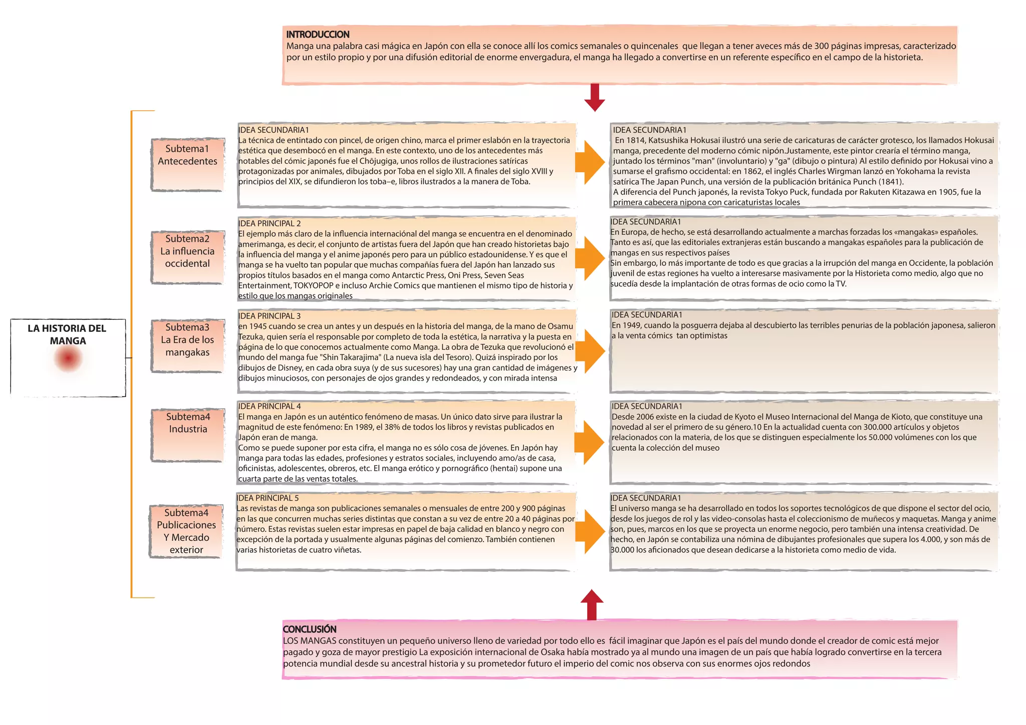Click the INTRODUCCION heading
pos(318,35)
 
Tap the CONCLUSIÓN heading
pos(310,629)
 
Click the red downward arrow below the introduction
pos(595,98)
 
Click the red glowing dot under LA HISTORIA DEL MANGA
pos(68,358)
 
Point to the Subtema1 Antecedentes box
pos(187,164)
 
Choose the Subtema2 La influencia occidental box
pos(187,257)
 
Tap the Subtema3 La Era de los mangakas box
pos(187,346)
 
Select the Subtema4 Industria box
pos(188,435)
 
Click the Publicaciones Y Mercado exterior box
pos(186,531)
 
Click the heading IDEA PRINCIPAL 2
pos(270,224)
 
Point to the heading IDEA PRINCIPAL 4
pos(270,407)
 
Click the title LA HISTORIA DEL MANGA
pos(67,334)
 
